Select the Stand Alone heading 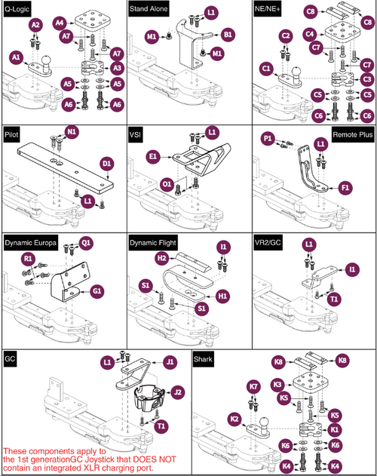click(149, 8)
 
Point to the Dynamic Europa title click(32, 244)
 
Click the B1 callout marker click(228, 34)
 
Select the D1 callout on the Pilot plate click(107, 163)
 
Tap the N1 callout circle click(72, 131)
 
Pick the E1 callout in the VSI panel click(152, 155)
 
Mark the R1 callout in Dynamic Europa click(29, 259)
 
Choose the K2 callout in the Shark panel click(234, 417)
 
